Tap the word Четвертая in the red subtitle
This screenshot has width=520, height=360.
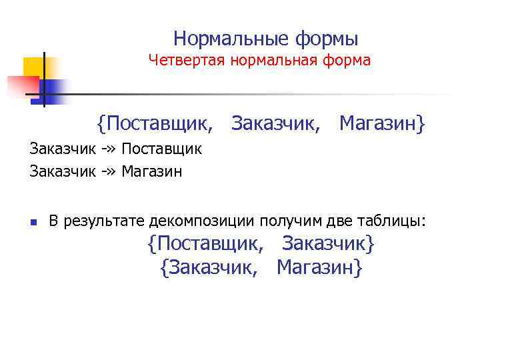click(x=187, y=61)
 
